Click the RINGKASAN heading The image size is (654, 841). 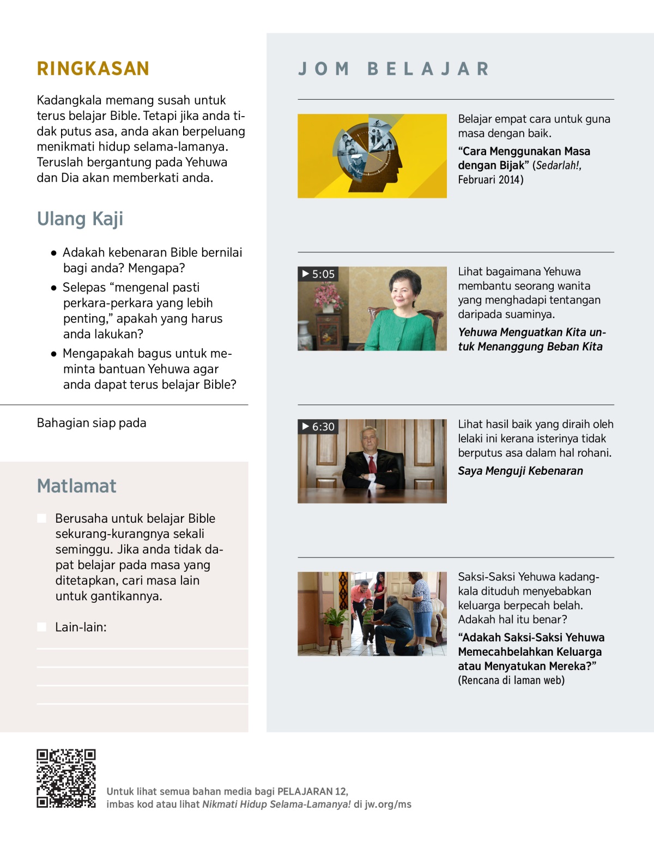[93, 69]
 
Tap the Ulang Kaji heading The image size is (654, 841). [80, 219]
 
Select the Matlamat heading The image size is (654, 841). [77, 486]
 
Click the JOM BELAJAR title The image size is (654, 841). [393, 69]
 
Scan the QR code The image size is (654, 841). [66, 778]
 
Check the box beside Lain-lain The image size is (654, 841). [41, 627]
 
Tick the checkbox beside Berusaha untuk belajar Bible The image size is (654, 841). [41, 518]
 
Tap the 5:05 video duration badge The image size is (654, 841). [318, 274]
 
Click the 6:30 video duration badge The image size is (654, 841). [318, 426]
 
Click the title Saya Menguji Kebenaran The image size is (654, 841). [520, 471]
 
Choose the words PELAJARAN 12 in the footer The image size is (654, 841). [312, 791]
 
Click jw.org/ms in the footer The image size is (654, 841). [388, 804]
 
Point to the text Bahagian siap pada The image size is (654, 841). [92, 423]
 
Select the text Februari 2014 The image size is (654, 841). [490, 180]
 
